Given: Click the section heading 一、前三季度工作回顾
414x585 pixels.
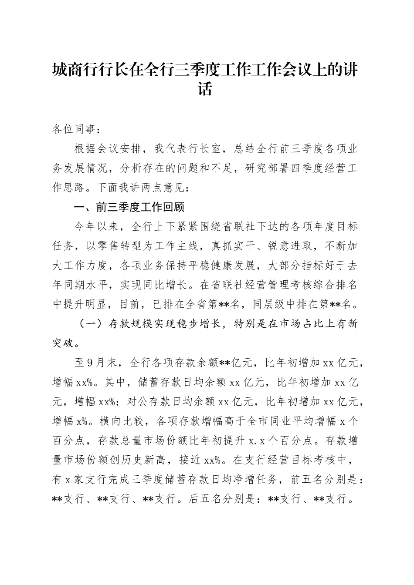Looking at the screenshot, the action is coord(129,208).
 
